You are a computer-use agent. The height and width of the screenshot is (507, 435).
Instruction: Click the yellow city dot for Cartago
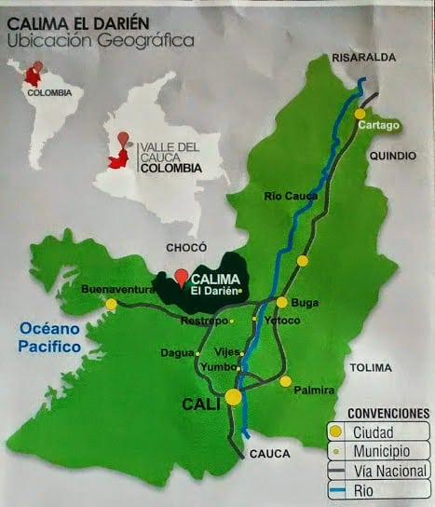[x=360, y=114]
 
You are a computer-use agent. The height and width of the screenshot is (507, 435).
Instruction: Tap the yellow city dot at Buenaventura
[x=112, y=304]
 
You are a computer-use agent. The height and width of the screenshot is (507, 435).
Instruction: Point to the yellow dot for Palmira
[x=286, y=380]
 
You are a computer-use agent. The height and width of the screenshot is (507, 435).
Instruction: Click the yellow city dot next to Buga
[x=281, y=302]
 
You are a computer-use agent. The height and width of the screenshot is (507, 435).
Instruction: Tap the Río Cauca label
[x=292, y=196]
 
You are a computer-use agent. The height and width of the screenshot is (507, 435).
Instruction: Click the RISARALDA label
[x=364, y=57]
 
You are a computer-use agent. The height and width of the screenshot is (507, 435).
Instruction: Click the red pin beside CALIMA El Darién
[x=182, y=278]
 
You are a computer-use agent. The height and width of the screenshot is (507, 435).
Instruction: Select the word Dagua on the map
[x=177, y=353]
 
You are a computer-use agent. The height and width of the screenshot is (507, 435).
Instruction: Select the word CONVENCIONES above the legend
[x=388, y=412]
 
